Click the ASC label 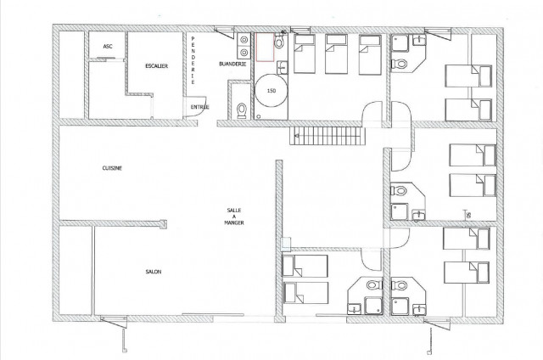(x=107, y=47)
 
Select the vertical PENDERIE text (x=193, y=61)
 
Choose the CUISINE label (x=112, y=168)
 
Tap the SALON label (x=153, y=272)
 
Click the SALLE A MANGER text (x=233, y=218)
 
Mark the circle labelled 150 (x=271, y=90)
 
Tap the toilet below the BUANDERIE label (x=244, y=110)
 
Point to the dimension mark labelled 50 (x=465, y=214)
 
